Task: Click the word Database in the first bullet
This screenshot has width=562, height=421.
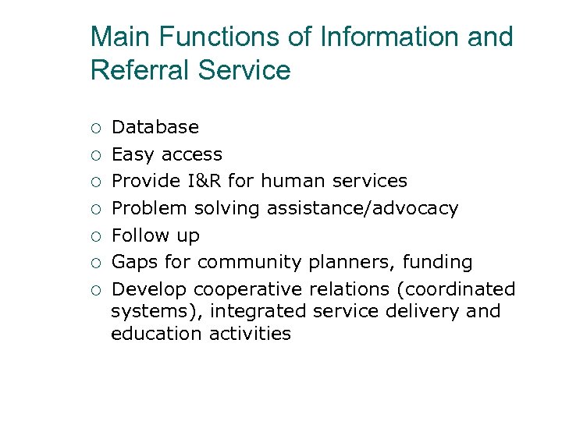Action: click(x=155, y=127)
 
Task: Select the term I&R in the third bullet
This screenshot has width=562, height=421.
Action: click(x=203, y=181)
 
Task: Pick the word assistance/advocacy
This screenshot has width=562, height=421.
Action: click(x=362, y=208)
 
